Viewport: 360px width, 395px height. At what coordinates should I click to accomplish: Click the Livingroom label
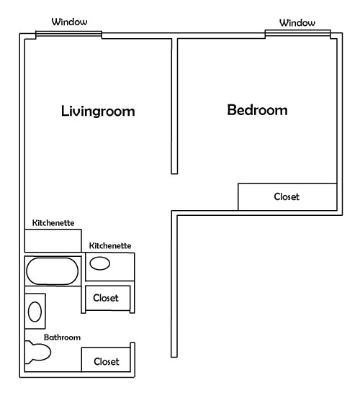point(98,111)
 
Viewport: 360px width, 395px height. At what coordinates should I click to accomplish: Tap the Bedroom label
point(257,110)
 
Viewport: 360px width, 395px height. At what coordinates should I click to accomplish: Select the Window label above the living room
point(70,22)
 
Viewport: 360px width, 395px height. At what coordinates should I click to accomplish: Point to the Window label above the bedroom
point(297,23)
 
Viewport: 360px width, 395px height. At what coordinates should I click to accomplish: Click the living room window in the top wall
point(68,35)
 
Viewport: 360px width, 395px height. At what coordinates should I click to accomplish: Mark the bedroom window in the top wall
point(298,34)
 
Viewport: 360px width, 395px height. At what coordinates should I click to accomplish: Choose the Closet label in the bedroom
point(287,196)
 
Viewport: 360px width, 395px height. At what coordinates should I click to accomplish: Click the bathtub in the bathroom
point(52,271)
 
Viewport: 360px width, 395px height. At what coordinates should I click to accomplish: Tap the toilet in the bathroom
point(38,352)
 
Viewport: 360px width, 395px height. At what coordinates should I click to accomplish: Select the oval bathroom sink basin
point(35,312)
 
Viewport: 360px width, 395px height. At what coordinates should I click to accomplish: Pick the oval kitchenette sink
point(100,263)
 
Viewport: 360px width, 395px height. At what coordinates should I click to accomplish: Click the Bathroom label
point(62,337)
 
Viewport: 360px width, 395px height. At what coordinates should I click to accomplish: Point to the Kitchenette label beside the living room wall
point(53,223)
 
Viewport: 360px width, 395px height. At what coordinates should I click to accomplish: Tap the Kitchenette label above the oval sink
point(110,246)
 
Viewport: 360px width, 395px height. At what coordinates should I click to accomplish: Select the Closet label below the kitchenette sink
point(106,298)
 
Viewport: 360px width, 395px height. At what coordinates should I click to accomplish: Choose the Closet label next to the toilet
point(107,362)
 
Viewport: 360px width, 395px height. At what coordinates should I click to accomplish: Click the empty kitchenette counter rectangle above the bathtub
point(53,240)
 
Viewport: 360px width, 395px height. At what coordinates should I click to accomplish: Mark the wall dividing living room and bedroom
point(174,106)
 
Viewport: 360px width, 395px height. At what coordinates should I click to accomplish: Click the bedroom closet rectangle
point(287,196)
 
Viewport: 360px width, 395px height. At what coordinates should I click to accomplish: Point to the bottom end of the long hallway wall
point(174,357)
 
